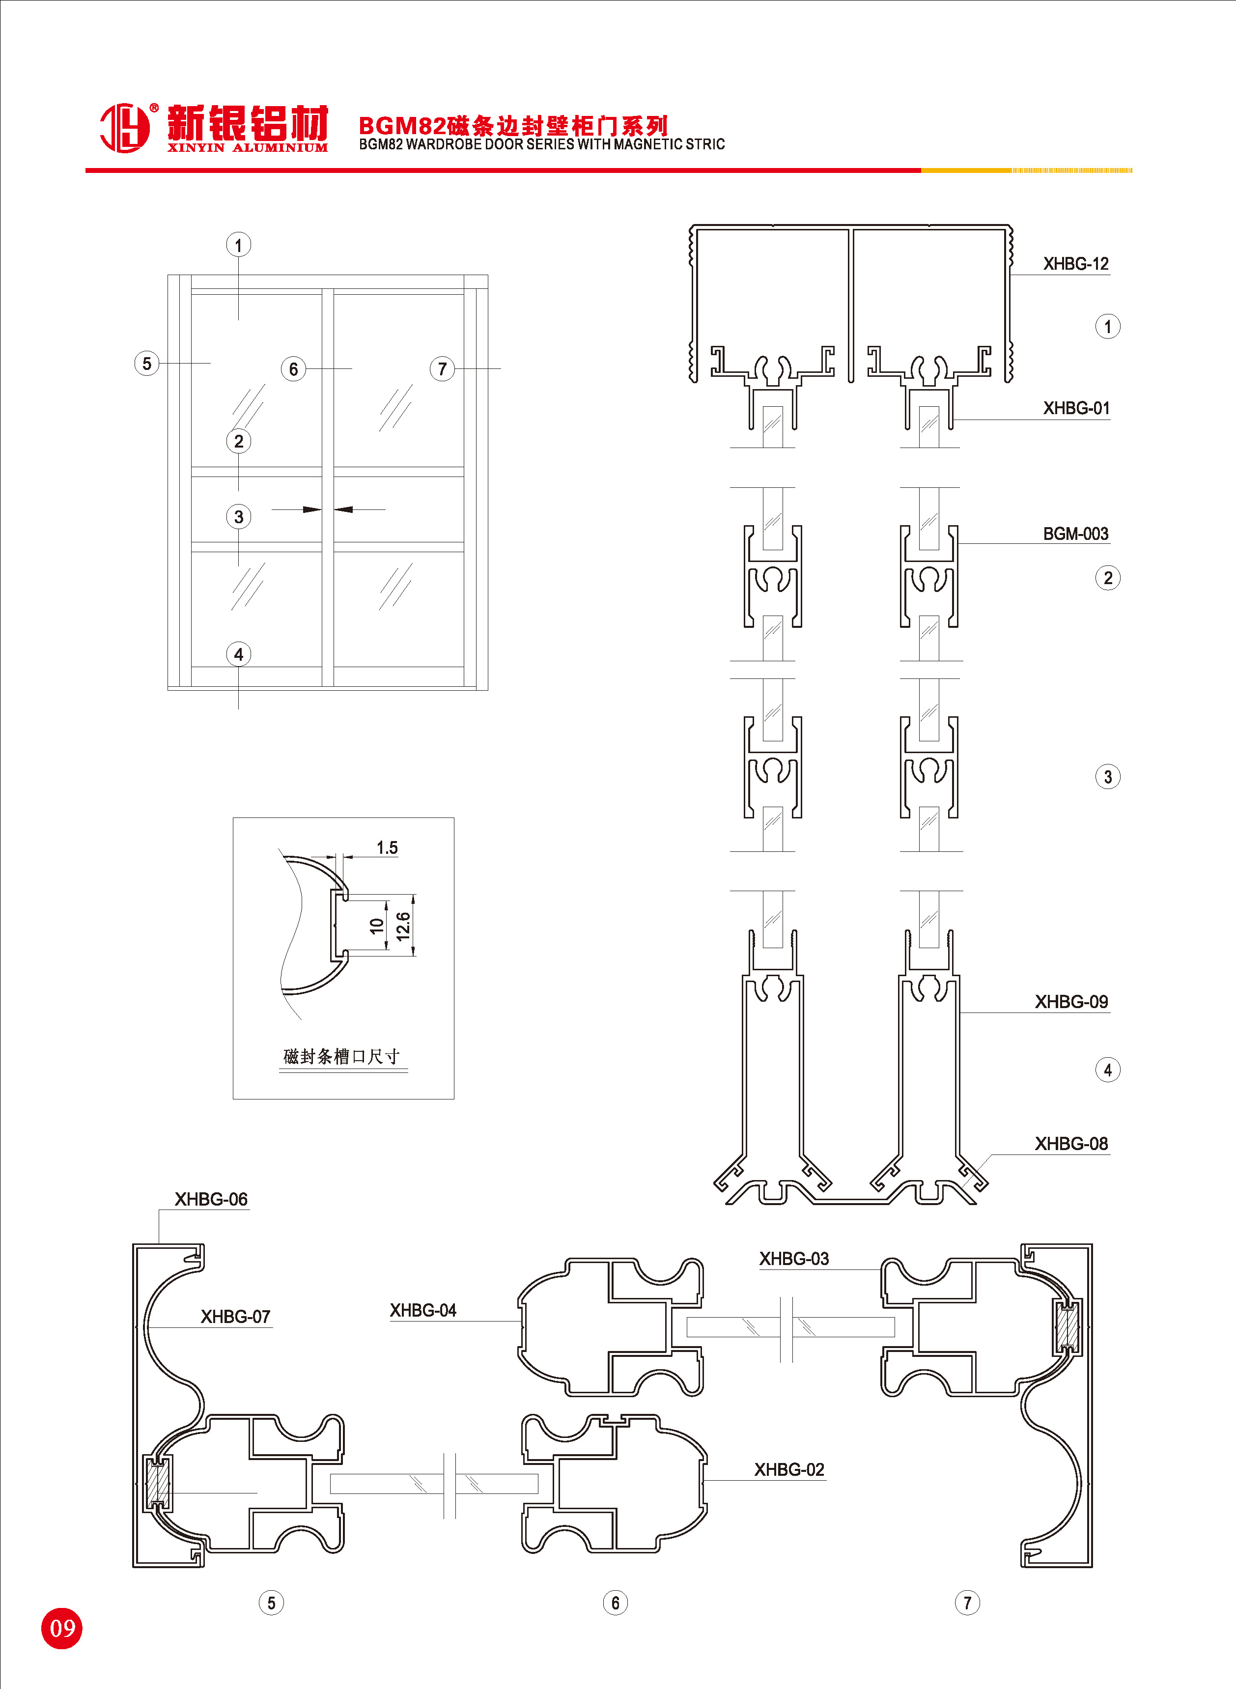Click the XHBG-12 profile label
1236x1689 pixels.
pyautogui.click(x=1075, y=263)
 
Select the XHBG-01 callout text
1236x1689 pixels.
pyautogui.click(x=1076, y=408)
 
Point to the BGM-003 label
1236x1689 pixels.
pyautogui.click(x=1075, y=534)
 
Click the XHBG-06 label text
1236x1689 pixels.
pyautogui.click(x=211, y=1199)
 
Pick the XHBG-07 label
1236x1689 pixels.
pyautogui.click(x=235, y=1317)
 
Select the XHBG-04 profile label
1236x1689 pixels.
pyautogui.click(x=422, y=1311)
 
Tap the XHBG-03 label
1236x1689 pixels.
pyautogui.click(x=794, y=1259)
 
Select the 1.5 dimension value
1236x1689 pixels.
pyautogui.click(x=387, y=847)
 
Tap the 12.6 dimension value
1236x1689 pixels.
pyautogui.click(x=403, y=926)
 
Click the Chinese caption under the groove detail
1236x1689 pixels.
pyautogui.click(x=342, y=1056)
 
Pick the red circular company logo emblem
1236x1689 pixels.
pyautogui.click(x=124, y=128)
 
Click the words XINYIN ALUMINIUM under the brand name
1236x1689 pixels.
pyautogui.click(x=247, y=148)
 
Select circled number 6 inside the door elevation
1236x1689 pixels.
pyautogui.click(x=293, y=369)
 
